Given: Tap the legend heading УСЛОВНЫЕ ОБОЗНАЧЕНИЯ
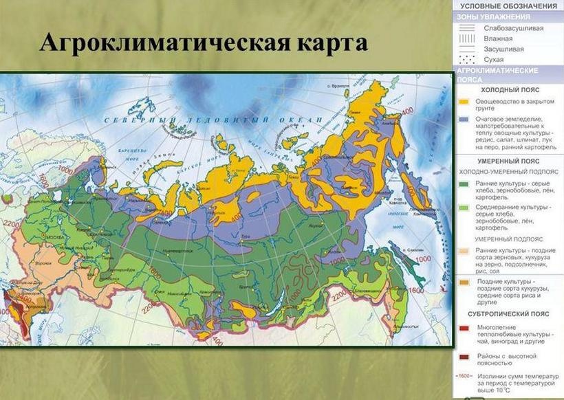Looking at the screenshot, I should click(509, 5).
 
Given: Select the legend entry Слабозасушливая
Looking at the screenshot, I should click(513, 28).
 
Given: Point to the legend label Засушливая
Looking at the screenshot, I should click(503, 49).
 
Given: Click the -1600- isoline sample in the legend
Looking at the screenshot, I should click(466, 375).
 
